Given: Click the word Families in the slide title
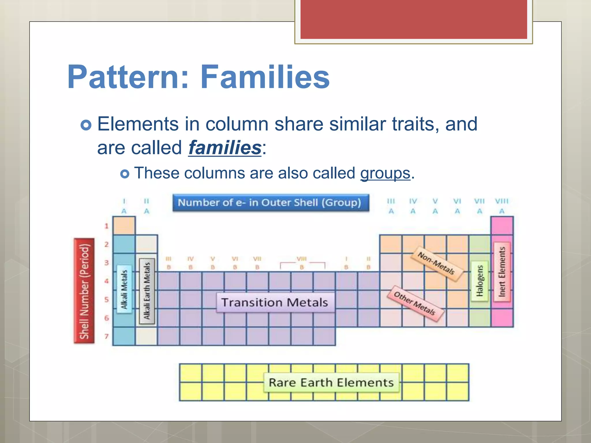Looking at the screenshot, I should tap(265, 77).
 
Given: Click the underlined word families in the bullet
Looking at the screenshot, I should tap(225, 148).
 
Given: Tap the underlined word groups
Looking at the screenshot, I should tap(385, 173).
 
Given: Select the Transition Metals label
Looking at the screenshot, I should tap(275, 303).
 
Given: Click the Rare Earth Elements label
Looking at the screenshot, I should tap(331, 383).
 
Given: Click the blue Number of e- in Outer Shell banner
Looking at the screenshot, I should tap(271, 203).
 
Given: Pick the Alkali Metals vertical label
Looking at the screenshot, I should tap(124, 289).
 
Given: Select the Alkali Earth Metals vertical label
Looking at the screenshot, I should tap(147, 291).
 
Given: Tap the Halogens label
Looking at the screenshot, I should tap(479, 281).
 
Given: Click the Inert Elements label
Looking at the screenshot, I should tap(502, 272).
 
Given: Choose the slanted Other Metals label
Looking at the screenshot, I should tap(415, 304).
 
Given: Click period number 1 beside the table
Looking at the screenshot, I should tap(106, 226).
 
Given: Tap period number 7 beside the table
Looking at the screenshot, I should tap(106, 336).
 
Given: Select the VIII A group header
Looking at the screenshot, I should tap(502, 206).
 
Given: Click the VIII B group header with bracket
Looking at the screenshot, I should tap(302, 263).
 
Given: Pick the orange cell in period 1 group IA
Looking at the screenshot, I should tap(124, 226).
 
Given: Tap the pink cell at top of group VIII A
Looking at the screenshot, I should tap(502, 226).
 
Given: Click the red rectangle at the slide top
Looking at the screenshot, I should tap(414, 19).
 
